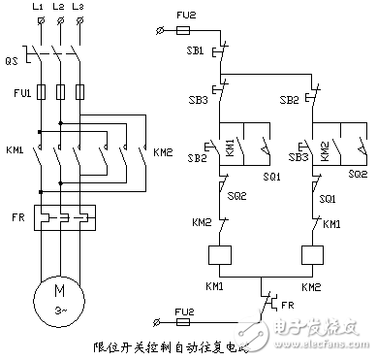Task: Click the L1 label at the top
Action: pos(39,8)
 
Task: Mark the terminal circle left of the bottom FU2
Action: pos(160,323)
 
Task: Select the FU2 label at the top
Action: pos(195,16)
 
